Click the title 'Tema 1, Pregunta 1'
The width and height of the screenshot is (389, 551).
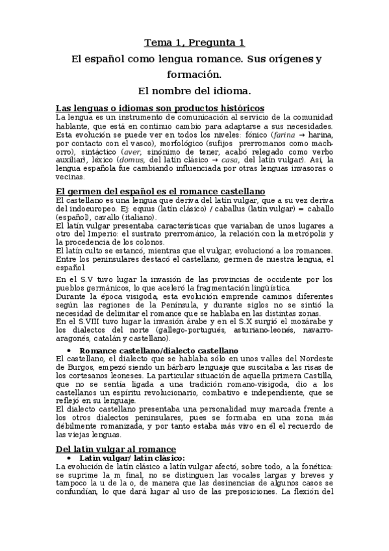click(x=194, y=43)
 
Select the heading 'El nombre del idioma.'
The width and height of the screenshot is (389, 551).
click(x=194, y=89)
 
